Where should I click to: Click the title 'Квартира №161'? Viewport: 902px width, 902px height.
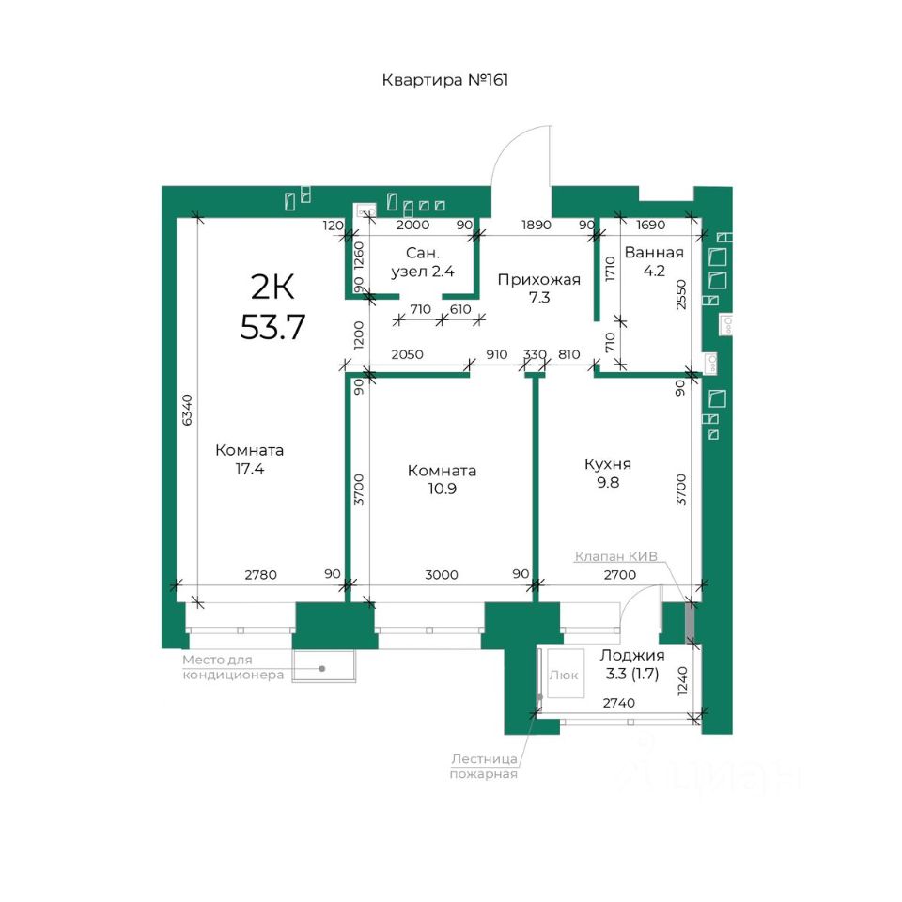coord(445,80)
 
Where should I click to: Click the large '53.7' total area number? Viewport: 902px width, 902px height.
coord(272,327)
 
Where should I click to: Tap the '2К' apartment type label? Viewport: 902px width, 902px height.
coord(272,288)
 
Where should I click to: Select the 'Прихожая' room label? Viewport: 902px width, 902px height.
coord(539,280)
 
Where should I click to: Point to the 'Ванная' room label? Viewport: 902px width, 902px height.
coord(654,253)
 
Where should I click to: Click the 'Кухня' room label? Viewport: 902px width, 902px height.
coord(608,463)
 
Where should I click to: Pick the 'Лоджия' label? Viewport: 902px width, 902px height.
coord(632,655)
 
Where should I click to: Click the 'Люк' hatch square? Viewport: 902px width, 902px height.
coord(566,674)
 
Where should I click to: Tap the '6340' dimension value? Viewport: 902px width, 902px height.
coord(187,411)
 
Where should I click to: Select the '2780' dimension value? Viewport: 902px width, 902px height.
coord(260,575)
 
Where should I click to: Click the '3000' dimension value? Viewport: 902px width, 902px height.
coord(442,575)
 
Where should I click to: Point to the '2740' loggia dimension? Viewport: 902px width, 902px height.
coord(619,703)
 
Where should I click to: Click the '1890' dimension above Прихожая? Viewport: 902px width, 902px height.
coord(537,225)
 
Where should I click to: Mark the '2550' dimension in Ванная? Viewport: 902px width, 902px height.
coord(681,294)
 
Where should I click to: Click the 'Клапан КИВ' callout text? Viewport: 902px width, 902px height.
coord(616,557)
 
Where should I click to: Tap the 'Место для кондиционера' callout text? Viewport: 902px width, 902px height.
coord(233,667)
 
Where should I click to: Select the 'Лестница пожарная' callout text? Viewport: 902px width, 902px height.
coord(484,767)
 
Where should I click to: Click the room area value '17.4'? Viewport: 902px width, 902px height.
coord(250,469)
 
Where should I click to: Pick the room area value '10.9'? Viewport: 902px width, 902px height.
coord(442,489)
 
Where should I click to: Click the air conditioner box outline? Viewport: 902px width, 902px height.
coord(292,667)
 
